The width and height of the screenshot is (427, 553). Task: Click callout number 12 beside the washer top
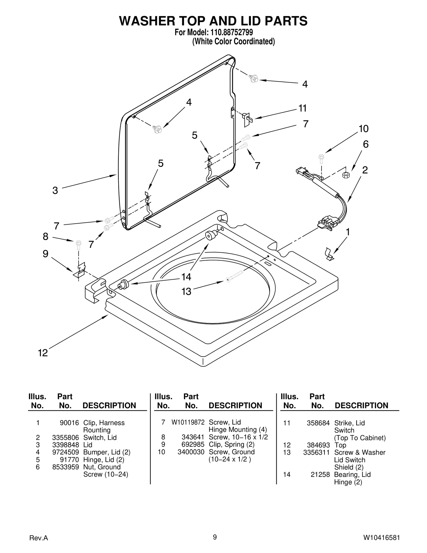pyautogui.click(x=43, y=353)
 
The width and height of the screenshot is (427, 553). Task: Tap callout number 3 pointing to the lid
pyautogui.click(x=55, y=190)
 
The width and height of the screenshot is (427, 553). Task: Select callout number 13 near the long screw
pyautogui.click(x=186, y=291)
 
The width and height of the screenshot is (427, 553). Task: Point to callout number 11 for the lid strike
pyautogui.click(x=302, y=108)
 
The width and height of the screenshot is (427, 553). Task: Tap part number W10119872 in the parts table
pyautogui.click(x=188, y=422)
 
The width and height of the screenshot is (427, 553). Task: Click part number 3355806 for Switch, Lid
pyautogui.click(x=66, y=437)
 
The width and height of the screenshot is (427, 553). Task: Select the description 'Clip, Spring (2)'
pyautogui.click(x=231, y=444)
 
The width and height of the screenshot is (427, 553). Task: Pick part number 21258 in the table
pyautogui.click(x=320, y=474)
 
